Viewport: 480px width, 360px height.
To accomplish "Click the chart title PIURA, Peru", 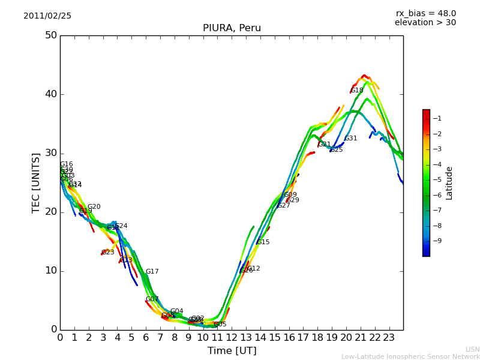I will pyautogui.click(x=232, y=28).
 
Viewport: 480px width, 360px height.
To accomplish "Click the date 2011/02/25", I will pyautogui.click(x=47, y=16).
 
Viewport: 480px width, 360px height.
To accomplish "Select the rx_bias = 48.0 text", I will pyautogui.click(x=425, y=14).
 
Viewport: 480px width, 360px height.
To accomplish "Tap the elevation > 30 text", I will pyautogui.click(x=425, y=23).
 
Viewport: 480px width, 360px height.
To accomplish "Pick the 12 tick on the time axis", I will pyautogui.click(x=232, y=338).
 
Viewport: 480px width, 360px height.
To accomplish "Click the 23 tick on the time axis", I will pyautogui.click(x=389, y=338).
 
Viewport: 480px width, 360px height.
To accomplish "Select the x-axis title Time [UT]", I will pyautogui.click(x=232, y=351).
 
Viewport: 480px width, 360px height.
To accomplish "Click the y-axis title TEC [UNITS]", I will pyautogui.click(x=37, y=182).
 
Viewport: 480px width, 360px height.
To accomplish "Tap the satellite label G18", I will pyautogui.click(x=357, y=91).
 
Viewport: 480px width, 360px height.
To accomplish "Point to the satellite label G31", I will pyautogui.click(x=350, y=139).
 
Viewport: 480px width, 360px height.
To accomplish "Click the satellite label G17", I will pyautogui.click(x=152, y=272).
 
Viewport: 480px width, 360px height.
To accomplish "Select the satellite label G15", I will pyautogui.click(x=263, y=242).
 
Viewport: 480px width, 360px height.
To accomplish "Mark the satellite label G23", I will pyautogui.click(x=108, y=253).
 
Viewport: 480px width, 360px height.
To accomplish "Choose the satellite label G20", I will pyautogui.click(x=94, y=207).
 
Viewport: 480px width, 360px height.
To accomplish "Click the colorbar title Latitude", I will pyautogui.click(x=449, y=183).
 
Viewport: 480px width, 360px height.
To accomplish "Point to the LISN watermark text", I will pyautogui.click(x=472, y=349).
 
